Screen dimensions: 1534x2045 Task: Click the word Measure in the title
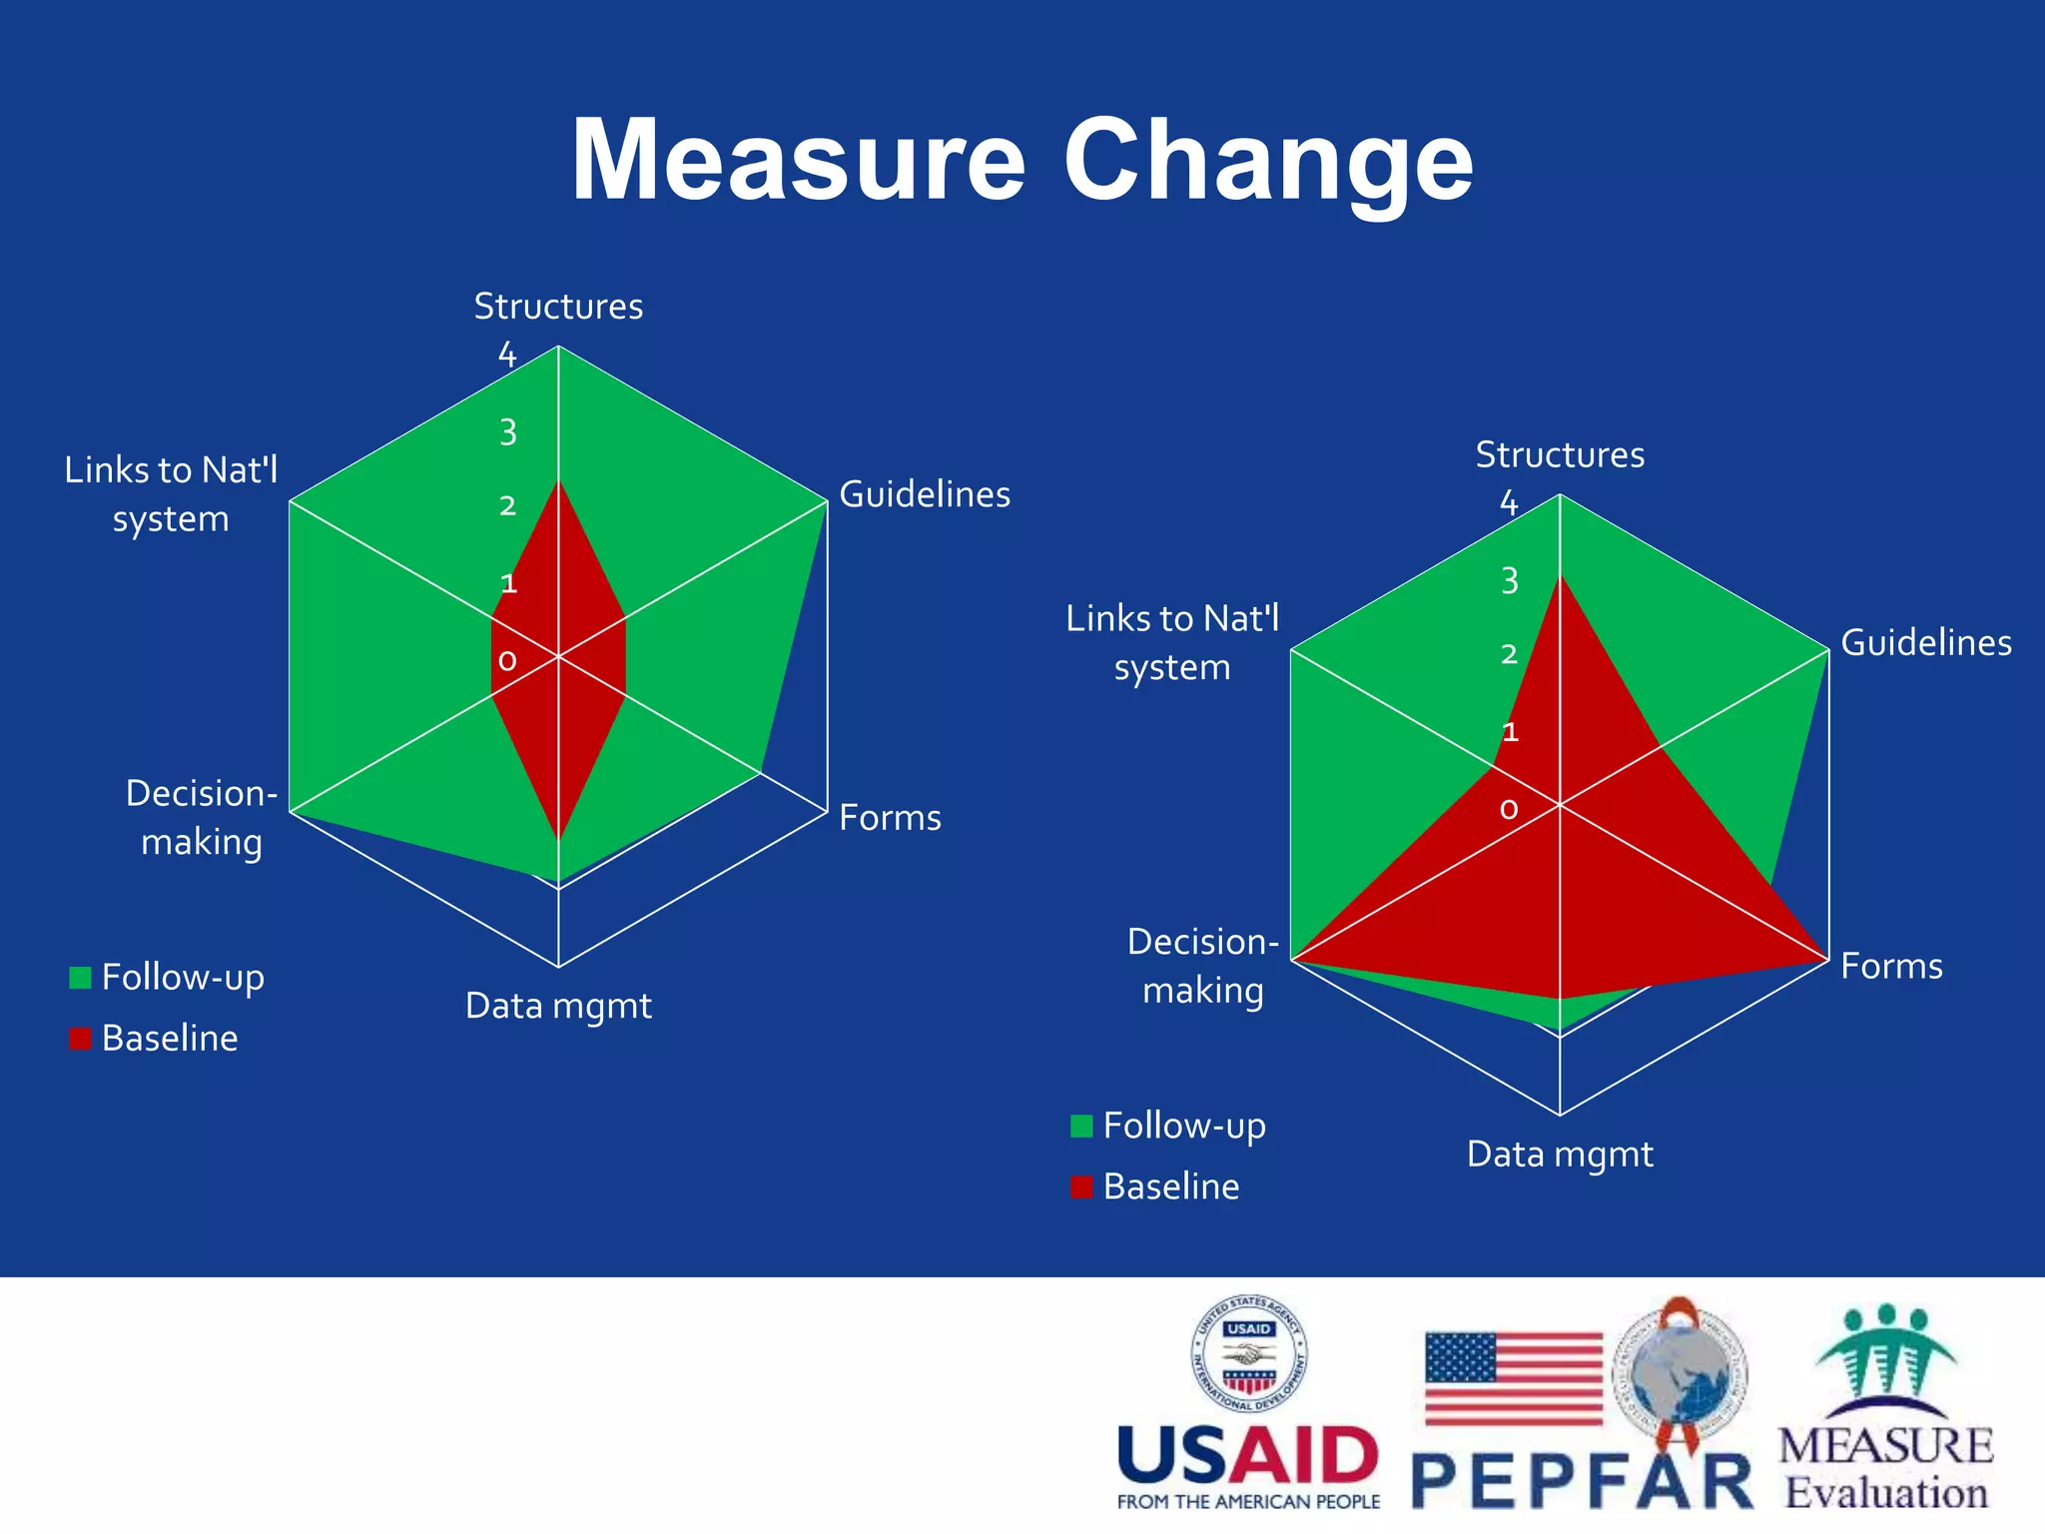pyautogui.click(x=798, y=161)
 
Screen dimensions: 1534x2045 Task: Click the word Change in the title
pyautogui.click(x=1268, y=161)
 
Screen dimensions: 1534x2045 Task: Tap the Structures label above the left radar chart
pyautogui.click(x=558, y=307)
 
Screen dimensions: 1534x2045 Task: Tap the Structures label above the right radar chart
pyautogui.click(x=1560, y=455)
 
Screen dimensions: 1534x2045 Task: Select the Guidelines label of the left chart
pyautogui.click(x=925, y=494)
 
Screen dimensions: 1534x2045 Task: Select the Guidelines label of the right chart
pyautogui.click(x=1926, y=643)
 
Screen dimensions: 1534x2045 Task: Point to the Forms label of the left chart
pyautogui.click(x=890, y=818)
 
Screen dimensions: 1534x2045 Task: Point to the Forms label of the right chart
pyautogui.click(x=1891, y=967)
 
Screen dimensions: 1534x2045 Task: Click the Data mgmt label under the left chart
pyautogui.click(x=558, y=1006)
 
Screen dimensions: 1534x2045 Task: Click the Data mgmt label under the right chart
pyautogui.click(x=1560, y=1154)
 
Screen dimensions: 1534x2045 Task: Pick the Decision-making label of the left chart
pyautogui.click(x=202, y=817)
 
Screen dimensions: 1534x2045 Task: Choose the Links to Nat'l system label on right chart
pyautogui.click(x=1172, y=642)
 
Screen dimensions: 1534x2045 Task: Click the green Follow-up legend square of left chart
pyautogui.click(x=80, y=977)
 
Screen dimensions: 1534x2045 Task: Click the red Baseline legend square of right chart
pyautogui.click(x=1081, y=1186)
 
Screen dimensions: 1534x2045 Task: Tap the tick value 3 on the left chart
pyautogui.click(x=508, y=432)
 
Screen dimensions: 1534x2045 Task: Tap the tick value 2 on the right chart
pyautogui.click(x=1509, y=654)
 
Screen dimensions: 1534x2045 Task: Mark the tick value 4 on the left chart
pyautogui.click(x=507, y=355)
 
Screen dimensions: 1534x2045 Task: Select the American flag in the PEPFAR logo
pyautogui.click(x=1513, y=1379)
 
